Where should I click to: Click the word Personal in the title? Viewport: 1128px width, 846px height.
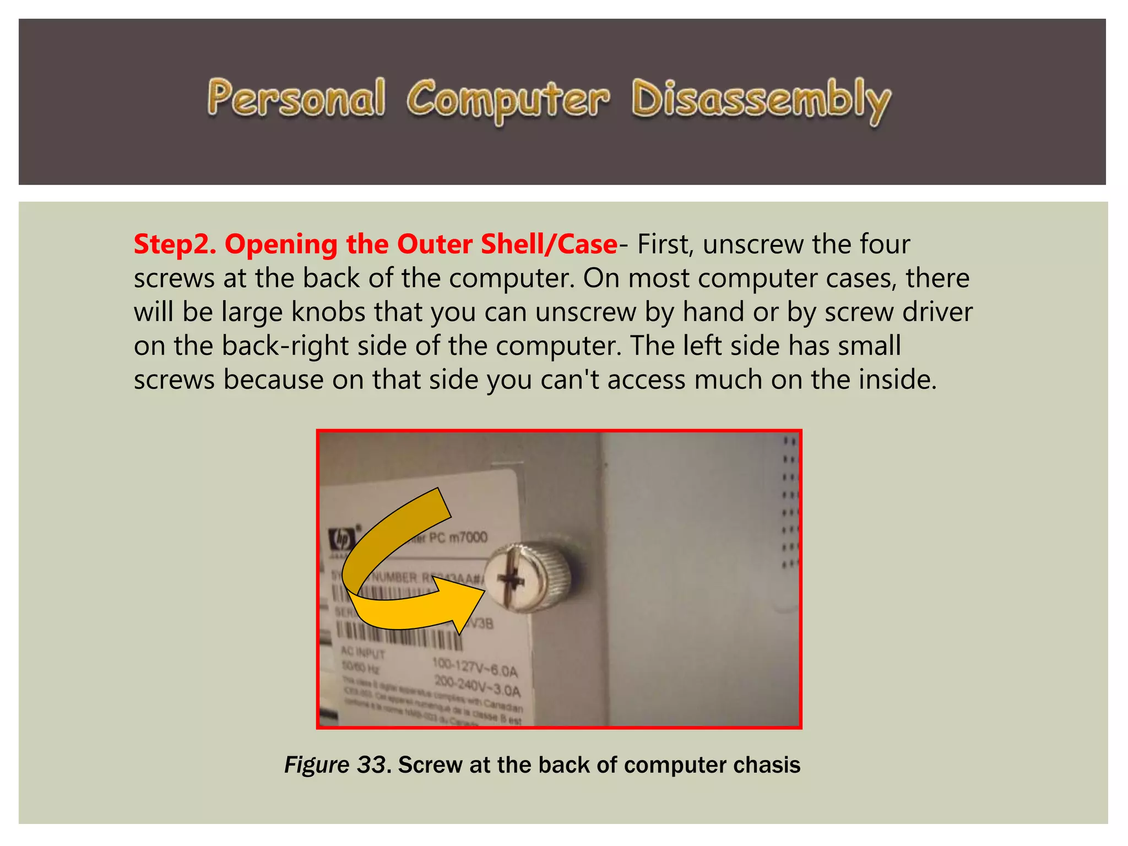tap(296, 99)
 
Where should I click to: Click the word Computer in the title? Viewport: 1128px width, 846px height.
tap(508, 100)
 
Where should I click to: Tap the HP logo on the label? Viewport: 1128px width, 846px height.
tap(341, 539)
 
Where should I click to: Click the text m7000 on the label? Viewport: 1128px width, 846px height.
tap(468, 537)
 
